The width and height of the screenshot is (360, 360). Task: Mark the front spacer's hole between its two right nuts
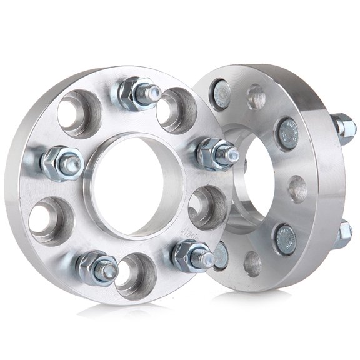click(208, 207)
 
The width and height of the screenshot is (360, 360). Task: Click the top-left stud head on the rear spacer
click(222, 94)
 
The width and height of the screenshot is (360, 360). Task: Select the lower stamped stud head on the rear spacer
click(286, 239)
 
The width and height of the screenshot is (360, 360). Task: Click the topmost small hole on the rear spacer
click(256, 97)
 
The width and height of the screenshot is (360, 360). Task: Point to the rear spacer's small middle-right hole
click(298, 188)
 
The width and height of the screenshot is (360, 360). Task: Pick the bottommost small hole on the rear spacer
click(253, 264)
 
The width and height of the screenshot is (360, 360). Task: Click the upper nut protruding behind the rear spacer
click(343, 127)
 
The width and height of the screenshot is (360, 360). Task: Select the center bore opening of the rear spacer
click(250, 181)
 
